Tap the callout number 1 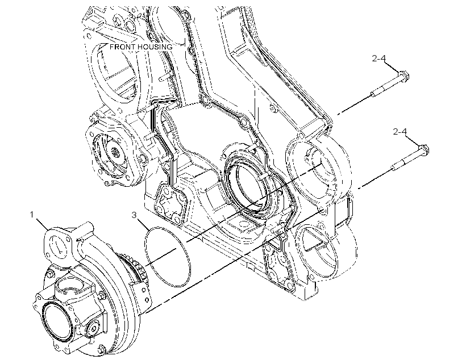pyautogui.click(x=32, y=215)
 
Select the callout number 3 pyautogui.click(x=134, y=215)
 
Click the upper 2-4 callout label pyautogui.click(x=379, y=58)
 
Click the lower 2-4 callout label pyautogui.click(x=400, y=131)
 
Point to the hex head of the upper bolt pyautogui.click(x=403, y=76)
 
